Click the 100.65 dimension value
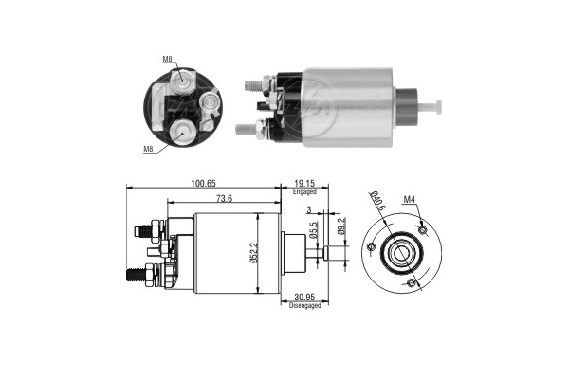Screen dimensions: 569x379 click(203, 184)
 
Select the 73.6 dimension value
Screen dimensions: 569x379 click(224, 198)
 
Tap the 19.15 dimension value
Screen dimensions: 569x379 click(304, 184)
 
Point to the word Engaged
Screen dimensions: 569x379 click(304, 191)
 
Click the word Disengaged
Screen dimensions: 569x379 click(304, 305)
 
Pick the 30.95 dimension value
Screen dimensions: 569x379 click(304, 298)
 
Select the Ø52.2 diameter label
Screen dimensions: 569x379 click(253, 253)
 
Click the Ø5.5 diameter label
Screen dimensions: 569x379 click(314, 230)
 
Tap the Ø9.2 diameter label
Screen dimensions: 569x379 click(341, 226)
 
